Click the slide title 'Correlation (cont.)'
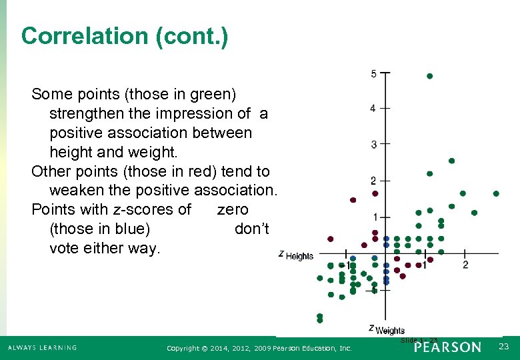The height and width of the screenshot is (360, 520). (125, 35)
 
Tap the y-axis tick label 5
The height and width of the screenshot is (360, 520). (373, 73)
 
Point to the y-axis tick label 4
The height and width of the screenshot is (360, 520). (373, 108)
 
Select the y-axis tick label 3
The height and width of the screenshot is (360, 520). (373, 144)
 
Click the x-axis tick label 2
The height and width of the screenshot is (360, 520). (465, 265)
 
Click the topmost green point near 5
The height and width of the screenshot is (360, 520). (429, 76)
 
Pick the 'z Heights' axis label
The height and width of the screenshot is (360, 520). (296, 256)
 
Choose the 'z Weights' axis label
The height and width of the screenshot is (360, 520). (387, 329)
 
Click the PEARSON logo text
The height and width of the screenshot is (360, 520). (447, 347)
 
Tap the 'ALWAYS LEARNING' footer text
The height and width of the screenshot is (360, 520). (42, 347)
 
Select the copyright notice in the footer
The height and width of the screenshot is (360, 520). (259, 348)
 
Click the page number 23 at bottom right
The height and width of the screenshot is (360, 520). (503, 347)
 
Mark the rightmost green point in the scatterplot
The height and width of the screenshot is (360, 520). (496, 194)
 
